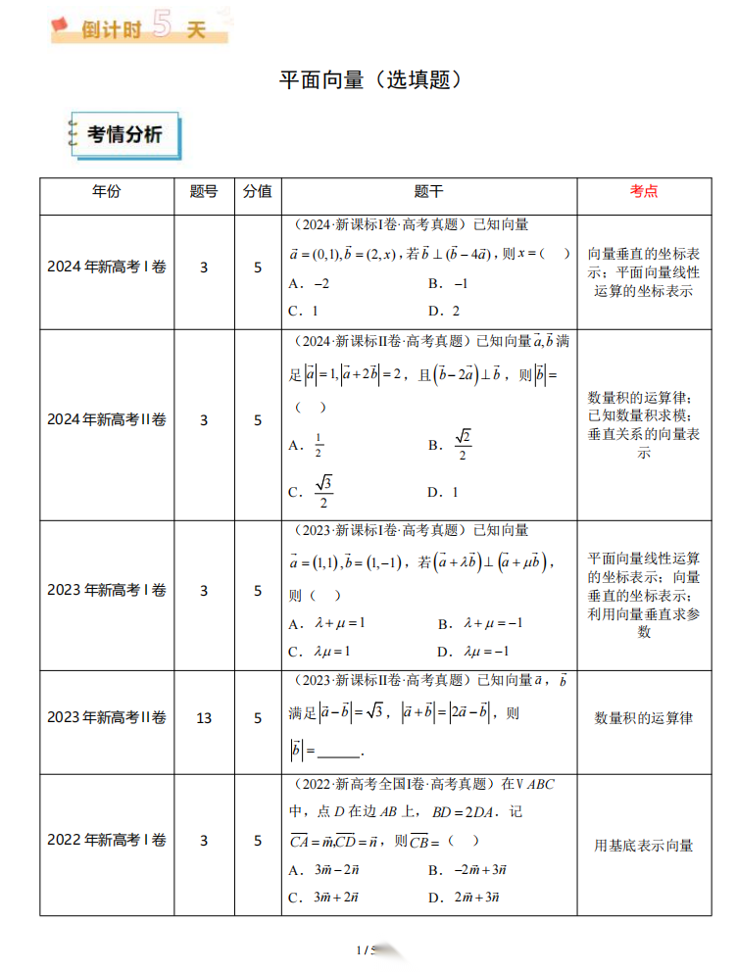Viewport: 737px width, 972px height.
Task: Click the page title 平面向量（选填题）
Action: click(368, 80)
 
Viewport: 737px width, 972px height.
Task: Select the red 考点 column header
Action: click(643, 191)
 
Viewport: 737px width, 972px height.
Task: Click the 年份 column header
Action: click(107, 191)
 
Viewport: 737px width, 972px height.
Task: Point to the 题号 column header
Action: click(204, 191)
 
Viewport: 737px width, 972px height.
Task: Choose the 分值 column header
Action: click(258, 191)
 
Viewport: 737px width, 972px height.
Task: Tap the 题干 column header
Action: click(428, 191)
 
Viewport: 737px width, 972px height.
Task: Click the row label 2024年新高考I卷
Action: click(107, 267)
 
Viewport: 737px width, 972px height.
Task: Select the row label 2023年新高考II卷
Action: click(107, 718)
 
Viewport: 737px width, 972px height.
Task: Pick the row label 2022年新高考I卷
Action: click(107, 841)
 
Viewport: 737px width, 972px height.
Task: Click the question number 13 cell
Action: click(204, 718)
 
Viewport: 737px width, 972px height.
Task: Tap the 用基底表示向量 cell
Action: click(643, 845)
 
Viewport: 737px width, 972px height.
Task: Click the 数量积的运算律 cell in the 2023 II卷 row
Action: click(643, 718)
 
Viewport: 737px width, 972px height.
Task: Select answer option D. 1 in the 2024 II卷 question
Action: click(443, 492)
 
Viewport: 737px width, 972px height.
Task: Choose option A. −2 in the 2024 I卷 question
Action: click(309, 283)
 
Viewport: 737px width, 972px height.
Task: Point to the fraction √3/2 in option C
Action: click(323, 492)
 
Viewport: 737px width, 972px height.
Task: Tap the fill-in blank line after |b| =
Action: click(339, 753)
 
